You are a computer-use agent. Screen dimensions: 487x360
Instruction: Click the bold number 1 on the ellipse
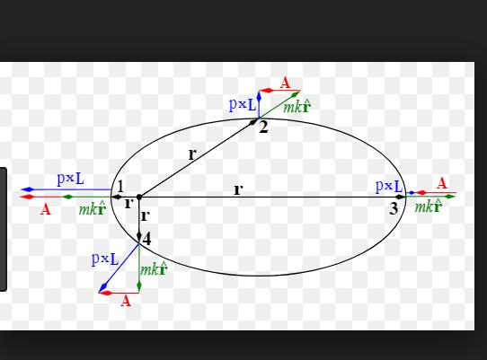[120, 187]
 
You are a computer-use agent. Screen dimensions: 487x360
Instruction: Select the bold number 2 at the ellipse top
[263, 127]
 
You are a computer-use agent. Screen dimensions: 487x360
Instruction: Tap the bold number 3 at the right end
[394, 208]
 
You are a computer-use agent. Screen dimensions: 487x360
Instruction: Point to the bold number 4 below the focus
[146, 240]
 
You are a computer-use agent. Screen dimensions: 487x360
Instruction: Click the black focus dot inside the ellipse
[139, 197]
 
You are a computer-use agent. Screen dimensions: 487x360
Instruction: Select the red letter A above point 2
[285, 83]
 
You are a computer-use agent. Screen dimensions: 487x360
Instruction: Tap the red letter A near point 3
[442, 183]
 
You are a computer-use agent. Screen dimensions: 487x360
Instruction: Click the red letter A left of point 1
[45, 209]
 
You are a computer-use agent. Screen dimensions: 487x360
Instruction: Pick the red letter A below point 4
[126, 301]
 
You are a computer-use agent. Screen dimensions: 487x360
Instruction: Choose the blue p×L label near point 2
[243, 105]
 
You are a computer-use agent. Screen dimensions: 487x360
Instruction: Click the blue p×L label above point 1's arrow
[70, 179]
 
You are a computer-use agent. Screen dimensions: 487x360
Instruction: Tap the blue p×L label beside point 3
[389, 186]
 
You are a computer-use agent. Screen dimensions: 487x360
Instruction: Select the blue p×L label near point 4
[105, 259]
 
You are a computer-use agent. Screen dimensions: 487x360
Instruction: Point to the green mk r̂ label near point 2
[297, 107]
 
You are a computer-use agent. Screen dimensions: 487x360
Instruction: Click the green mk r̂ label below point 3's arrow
[429, 206]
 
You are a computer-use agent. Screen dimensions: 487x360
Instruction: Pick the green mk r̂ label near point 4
[154, 269]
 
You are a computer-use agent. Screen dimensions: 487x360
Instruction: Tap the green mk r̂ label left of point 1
[93, 209]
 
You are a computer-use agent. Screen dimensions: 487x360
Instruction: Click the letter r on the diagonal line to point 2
[192, 154]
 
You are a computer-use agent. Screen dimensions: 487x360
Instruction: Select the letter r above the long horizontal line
[238, 189]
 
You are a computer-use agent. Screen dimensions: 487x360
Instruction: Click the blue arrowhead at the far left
[27, 189]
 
